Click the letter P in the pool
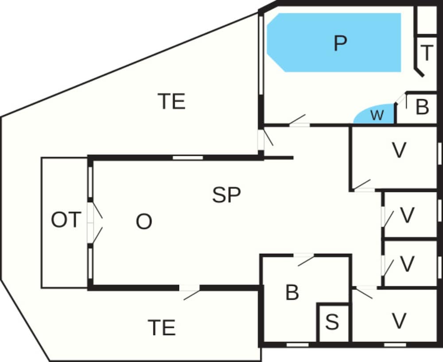[x=339, y=43]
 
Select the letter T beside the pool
[x=426, y=53]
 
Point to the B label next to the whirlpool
[x=423, y=107]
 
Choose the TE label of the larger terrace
[x=171, y=102]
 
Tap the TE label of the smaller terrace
[x=161, y=328]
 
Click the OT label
[x=66, y=220]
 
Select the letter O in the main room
[x=144, y=222]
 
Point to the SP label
[x=226, y=195]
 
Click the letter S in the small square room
[x=332, y=323]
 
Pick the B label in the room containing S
[x=292, y=293]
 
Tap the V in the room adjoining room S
[x=399, y=321]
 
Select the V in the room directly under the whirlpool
[x=399, y=151]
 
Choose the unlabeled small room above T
[x=427, y=19]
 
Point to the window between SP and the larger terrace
[x=187, y=157]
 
